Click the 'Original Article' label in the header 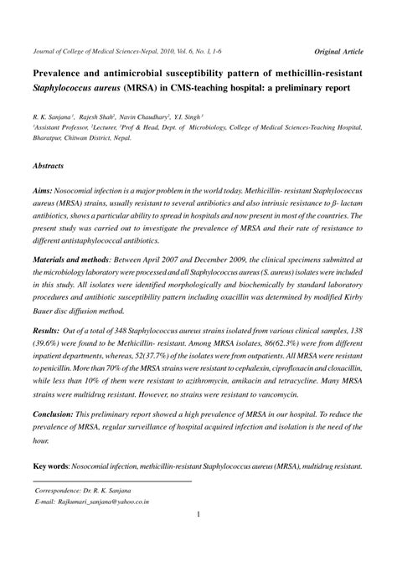click(338, 51)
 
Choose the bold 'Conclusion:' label click(58, 414)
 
